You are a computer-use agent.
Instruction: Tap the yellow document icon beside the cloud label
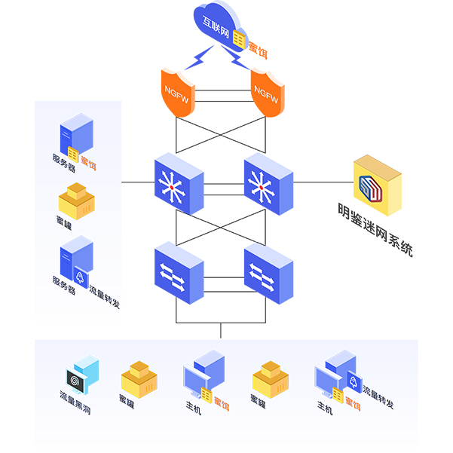(239, 38)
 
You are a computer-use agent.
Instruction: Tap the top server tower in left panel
(76, 134)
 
